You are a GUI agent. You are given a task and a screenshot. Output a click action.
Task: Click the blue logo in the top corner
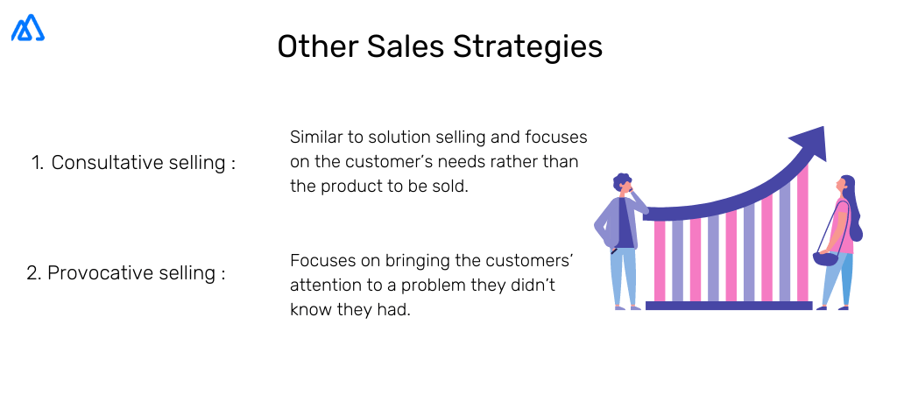(28, 28)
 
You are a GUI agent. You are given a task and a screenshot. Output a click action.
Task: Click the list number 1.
(37, 163)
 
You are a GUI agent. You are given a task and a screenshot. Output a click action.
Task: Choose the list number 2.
(33, 273)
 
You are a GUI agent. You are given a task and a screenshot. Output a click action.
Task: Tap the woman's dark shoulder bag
(824, 257)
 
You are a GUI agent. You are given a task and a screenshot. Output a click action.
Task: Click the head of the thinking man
(623, 184)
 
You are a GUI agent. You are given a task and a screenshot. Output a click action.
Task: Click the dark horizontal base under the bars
(728, 306)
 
